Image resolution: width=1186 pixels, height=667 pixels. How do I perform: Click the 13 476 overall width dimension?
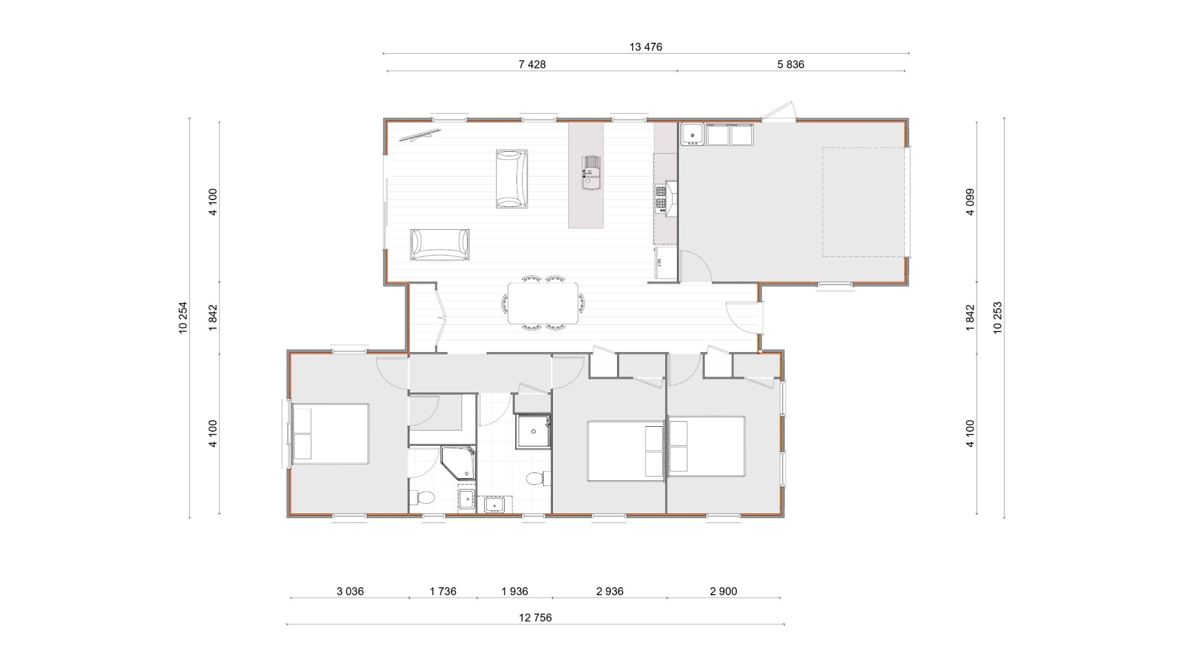coord(646,47)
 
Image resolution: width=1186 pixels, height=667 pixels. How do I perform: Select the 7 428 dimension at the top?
coord(532,64)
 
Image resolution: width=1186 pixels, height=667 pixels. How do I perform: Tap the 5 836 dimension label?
coord(791,64)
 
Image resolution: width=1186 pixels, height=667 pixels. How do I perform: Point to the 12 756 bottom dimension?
coord(535,618)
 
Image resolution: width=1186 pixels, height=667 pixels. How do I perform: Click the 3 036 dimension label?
coord(350,591)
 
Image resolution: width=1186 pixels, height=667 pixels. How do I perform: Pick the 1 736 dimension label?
coord(443,591)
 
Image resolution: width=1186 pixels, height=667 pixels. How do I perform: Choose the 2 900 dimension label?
coord(723,591)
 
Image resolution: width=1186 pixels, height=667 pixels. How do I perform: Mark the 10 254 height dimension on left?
coord(183,317)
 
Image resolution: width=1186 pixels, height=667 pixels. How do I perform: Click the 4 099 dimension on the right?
coord(970,202)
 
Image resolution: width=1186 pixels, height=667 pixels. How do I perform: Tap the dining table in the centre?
coord(543,303)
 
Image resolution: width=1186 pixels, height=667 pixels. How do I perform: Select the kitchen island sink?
coord(591,172)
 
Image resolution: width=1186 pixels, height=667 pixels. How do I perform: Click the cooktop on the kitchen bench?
coord(661,198)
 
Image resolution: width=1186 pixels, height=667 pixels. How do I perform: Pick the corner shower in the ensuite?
coord(458,463)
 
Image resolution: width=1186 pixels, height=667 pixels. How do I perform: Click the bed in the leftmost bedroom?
coord(330,434)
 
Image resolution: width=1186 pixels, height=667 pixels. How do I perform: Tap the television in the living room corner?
coord(419,135)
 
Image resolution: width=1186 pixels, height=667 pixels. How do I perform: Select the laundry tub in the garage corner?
coord(692,134)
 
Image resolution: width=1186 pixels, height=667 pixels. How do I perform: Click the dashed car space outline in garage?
coord(864,202)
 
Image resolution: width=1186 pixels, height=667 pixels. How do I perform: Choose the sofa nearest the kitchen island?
coord(512,178)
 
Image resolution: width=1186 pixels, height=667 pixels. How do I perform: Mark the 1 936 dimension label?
coord(515,591)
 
